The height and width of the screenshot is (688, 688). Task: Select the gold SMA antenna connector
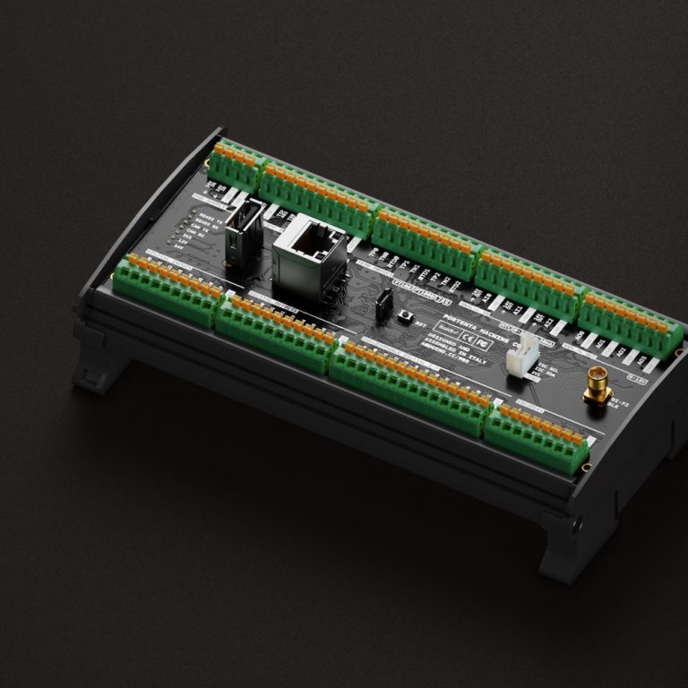click(x=594, y=385)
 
